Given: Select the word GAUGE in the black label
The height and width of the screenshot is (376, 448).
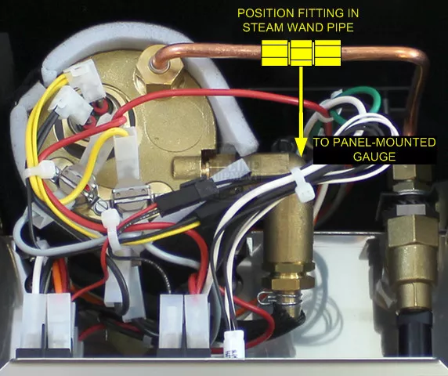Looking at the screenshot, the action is click(374, 157).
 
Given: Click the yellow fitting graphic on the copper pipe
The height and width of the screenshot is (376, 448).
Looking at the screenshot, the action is click(301, 52).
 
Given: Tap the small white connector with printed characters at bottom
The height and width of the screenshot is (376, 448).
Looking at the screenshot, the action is click(234, 344).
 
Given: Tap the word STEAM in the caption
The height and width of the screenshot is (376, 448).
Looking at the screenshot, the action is click(263, 27).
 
